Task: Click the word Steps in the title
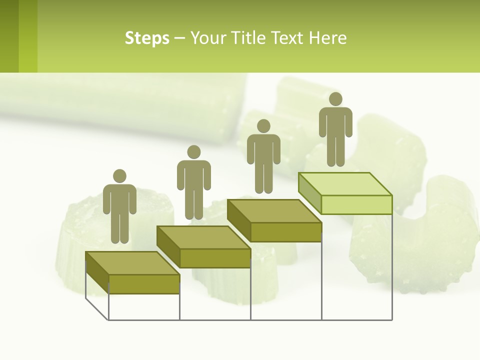147,38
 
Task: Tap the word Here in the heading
327,38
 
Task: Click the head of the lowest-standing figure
119,176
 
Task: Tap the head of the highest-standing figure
335,99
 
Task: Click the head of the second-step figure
193,152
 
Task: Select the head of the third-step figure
263,126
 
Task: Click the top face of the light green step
345,184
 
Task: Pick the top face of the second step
203,237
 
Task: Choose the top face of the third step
274,211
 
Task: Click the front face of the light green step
356,204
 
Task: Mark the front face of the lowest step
144,284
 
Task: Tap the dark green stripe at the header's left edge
9,36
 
